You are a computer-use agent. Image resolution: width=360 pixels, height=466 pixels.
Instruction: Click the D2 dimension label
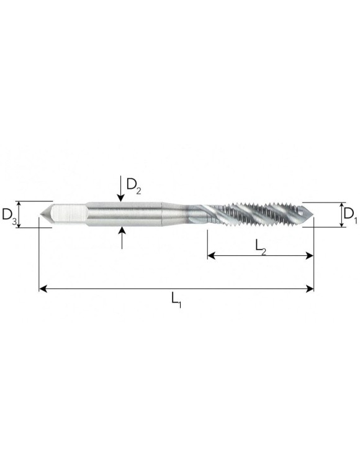133,186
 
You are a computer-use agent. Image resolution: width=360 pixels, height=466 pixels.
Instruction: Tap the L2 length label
261,247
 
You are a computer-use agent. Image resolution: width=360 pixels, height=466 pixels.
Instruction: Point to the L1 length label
176,299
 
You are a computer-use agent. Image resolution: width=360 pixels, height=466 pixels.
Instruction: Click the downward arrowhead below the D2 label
120,198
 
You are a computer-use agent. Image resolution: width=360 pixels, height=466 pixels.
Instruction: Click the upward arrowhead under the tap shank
122,231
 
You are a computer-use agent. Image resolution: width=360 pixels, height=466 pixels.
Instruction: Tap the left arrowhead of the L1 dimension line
43,288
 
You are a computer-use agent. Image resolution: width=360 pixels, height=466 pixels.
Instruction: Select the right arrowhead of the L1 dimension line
310,288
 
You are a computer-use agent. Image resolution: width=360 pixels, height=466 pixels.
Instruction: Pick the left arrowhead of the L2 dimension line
212,255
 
